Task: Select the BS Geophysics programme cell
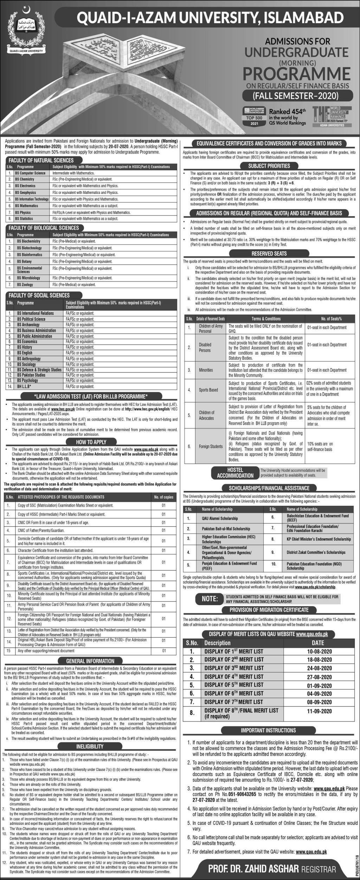25,193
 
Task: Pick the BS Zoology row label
24,285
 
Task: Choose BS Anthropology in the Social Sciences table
29,359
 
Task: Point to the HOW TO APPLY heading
91,442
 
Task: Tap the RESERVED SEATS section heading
269,253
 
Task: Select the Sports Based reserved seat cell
208,390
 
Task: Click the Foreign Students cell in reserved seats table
211,446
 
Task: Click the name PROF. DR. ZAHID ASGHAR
253,867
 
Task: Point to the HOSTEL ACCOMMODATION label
235,473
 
